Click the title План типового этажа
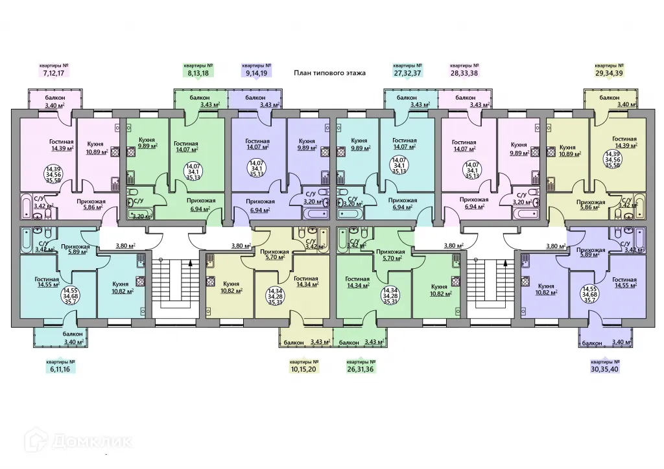(329, 73)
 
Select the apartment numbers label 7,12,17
(53, 73)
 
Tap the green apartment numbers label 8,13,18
(198, 73)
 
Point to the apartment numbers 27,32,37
(408, 73)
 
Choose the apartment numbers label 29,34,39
(610, 73)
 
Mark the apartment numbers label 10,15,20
(304, 369)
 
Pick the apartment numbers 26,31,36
(361, 369)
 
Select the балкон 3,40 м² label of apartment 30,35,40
(606, 343)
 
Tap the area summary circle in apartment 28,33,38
(473, 169)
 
